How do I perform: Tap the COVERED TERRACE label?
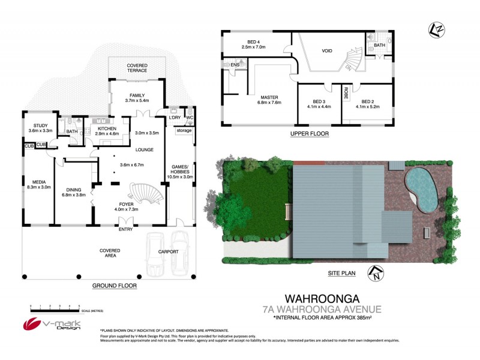(x=137, y=68)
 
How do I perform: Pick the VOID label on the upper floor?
(x=327, y=51)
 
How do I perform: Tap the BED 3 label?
(x=319, y=101)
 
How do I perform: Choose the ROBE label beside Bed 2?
(x=346, y=93)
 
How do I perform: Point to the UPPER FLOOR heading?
(x=309, y=133)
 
